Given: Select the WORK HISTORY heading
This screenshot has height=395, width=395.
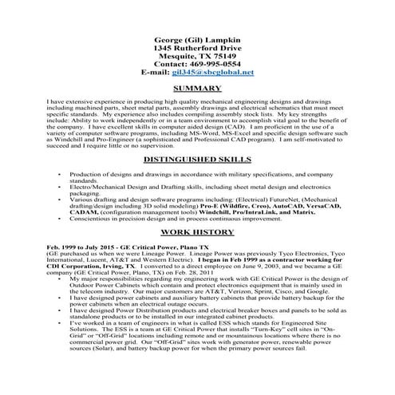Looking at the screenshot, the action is coord(196,231).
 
